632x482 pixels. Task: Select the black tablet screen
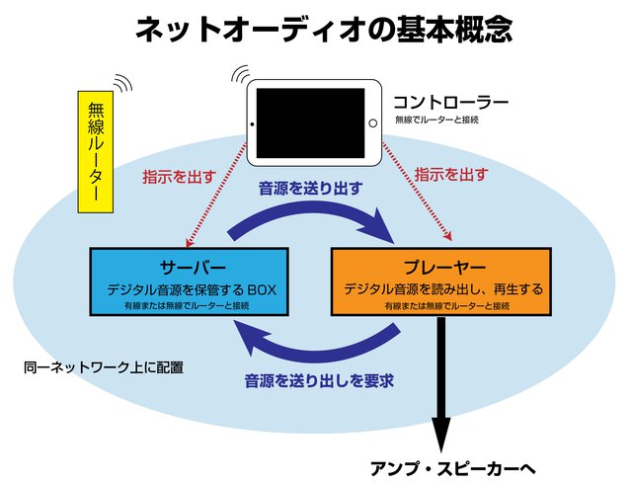(316, 121)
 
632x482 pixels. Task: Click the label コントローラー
(450, 102)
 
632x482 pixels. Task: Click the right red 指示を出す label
(450, 175)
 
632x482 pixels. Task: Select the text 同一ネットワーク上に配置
(104, 367)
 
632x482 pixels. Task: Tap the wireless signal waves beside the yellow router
(124, 83)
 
